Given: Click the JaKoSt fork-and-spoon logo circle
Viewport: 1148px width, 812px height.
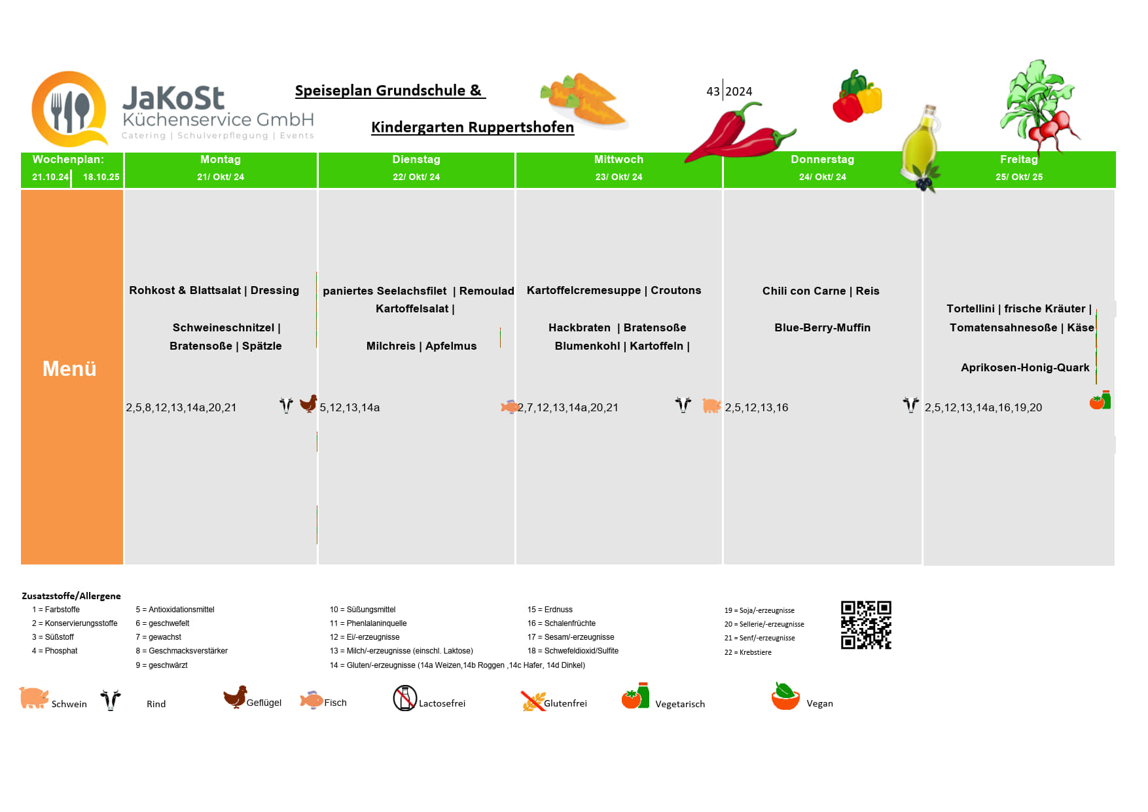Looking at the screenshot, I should point(69,109).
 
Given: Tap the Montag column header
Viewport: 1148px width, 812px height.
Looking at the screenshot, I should point(221,160).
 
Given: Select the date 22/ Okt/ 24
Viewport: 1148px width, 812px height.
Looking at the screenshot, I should point(416,177).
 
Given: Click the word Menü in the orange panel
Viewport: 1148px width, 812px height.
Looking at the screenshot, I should point(69,369).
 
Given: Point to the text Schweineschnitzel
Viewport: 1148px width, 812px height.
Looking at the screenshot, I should point(223,327).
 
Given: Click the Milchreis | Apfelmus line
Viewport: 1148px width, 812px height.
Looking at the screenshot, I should point(422,346).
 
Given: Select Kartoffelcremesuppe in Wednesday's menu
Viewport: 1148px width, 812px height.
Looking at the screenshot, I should point(583,290).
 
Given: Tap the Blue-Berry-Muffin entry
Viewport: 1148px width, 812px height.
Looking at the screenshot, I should point(822,327).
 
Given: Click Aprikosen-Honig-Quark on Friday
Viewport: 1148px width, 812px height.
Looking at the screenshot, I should point(1025,367).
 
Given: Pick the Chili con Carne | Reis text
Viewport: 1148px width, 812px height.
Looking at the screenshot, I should point(821,291).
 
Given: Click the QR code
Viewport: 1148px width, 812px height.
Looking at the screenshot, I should point(866,625).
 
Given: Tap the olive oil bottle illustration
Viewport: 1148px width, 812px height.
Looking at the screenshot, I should point(920,147).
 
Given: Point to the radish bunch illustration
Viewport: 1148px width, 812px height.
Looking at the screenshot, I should point(1040,105).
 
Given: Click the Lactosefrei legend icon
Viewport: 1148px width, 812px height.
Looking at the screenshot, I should point(404,698).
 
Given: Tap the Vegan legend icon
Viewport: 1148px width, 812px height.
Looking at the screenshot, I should point(785,697).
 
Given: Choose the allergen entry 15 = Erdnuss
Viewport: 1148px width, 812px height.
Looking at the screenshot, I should point(550,610).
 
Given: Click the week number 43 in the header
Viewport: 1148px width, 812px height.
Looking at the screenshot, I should point(713,92).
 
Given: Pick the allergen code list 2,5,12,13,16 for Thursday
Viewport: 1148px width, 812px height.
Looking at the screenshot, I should point(757,407).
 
